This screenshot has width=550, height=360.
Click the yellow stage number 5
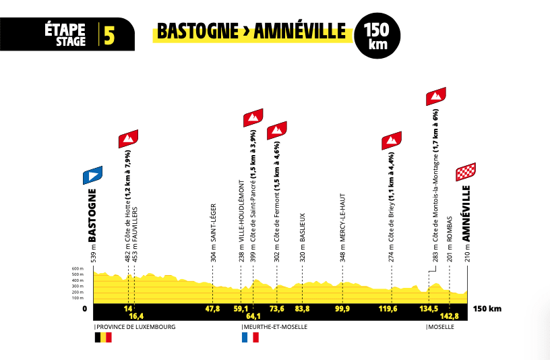tap(109, 34)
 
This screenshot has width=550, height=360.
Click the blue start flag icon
tap(92, 176)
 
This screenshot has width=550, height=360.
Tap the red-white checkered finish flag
tap(466, 173)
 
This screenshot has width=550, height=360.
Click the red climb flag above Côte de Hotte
tap(129, 139)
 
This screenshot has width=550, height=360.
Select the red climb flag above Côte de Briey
tap(392, 140)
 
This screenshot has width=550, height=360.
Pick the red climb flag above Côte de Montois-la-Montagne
tap(437, 96)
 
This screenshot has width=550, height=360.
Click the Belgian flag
tap(102, 337)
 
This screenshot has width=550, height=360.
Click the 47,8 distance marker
tap(212, 309)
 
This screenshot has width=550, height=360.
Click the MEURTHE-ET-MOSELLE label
tap(275, 326)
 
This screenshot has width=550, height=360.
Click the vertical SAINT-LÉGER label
tap(213, 222)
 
